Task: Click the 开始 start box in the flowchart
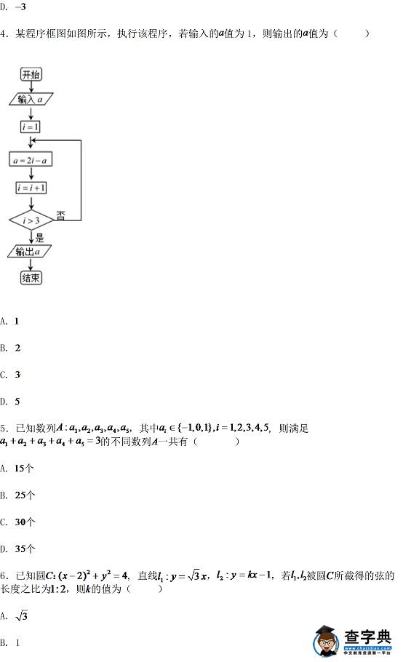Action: pyautogui.click(x=31, y=74)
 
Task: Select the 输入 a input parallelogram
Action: pyautogui.click(x=31, y=99)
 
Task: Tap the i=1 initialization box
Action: pyautogui.click(x=31, y=127)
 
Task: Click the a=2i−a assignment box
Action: pyautogui.click(x=31, y=159)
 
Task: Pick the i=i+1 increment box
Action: pyautogui.click(x=31, y=188)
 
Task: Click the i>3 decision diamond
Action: pyautogui.click(x=31, y=220)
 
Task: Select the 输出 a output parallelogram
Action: pyautogui.click(x=29, y=252)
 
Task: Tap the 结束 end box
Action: pyautogui.click(x=31, y=278)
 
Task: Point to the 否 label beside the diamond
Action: pyautogui.click(x=61, y=216)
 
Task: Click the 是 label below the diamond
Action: pyautogui.click(x=40, y=238)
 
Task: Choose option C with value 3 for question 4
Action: pyautogui.click(x=10, y=375)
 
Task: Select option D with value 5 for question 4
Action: pyautogui.click(x=10, y=401)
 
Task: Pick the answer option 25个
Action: pyautogui.click(x=17, y=495)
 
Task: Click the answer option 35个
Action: pyautogui.click(x=17, y=549)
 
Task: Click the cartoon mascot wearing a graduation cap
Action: pyautogui.click(x=327, y=641)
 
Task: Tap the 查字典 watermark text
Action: pyautogui.click(x=367, y=637)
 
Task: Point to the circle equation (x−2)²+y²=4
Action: pyautogui.click(x=93, y=575)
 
